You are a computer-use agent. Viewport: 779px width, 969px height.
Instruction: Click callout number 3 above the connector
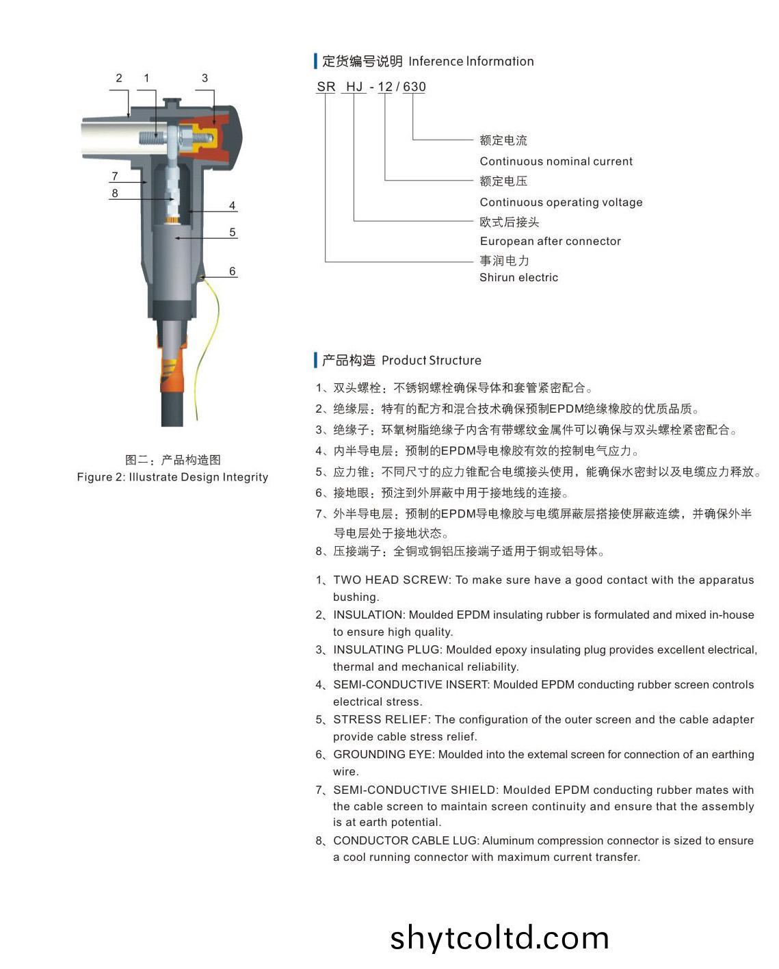204,78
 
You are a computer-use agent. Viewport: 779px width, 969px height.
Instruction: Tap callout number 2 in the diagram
119,78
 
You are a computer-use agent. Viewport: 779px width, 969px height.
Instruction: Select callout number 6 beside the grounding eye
233,271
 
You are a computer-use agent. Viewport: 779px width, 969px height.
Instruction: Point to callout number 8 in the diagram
115,193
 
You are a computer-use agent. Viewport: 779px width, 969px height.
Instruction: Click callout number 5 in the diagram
233,232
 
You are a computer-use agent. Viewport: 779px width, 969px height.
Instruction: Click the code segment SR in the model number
326,86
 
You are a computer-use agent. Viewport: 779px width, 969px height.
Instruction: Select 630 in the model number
414,86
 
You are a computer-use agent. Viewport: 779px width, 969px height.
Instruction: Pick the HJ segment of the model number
355,86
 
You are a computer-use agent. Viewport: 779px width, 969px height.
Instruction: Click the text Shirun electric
518,277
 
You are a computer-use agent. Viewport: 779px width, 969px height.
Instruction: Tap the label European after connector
551,242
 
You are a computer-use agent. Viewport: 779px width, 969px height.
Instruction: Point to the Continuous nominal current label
556,161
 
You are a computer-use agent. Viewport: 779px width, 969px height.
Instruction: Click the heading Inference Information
471,61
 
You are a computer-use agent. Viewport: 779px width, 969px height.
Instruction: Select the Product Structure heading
431,360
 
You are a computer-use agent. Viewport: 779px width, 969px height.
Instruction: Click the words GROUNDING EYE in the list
384,754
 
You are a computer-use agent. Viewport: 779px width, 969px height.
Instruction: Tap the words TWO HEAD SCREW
392,580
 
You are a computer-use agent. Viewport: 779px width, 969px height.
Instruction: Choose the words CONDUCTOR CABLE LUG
407,840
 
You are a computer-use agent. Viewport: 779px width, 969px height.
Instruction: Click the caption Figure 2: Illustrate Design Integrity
172,477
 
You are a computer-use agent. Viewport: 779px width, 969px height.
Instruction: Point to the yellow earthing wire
207,347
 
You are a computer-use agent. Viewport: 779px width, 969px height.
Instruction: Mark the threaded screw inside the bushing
153,137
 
